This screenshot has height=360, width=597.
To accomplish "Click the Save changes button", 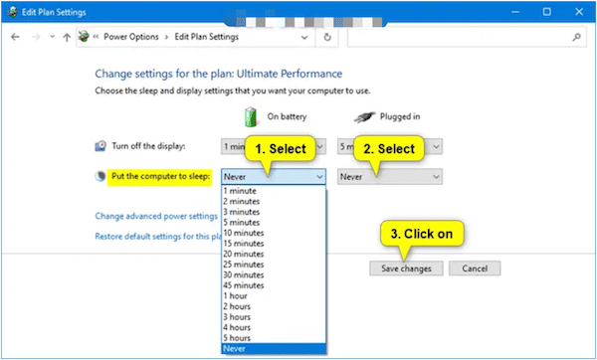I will coord(406,269).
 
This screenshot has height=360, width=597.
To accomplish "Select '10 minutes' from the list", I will coord(244,232).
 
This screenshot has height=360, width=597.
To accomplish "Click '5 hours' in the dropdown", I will coord(239,337).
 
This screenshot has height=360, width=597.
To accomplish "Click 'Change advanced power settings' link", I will coord(155,215).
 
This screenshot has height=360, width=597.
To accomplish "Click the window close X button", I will coord(574,11).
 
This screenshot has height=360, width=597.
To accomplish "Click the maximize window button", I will coord(545,11).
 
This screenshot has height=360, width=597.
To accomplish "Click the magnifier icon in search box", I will coord(575,37).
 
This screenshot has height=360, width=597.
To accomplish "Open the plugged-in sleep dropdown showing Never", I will coord(388,176).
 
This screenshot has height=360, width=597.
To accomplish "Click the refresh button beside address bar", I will coord(328,37).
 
